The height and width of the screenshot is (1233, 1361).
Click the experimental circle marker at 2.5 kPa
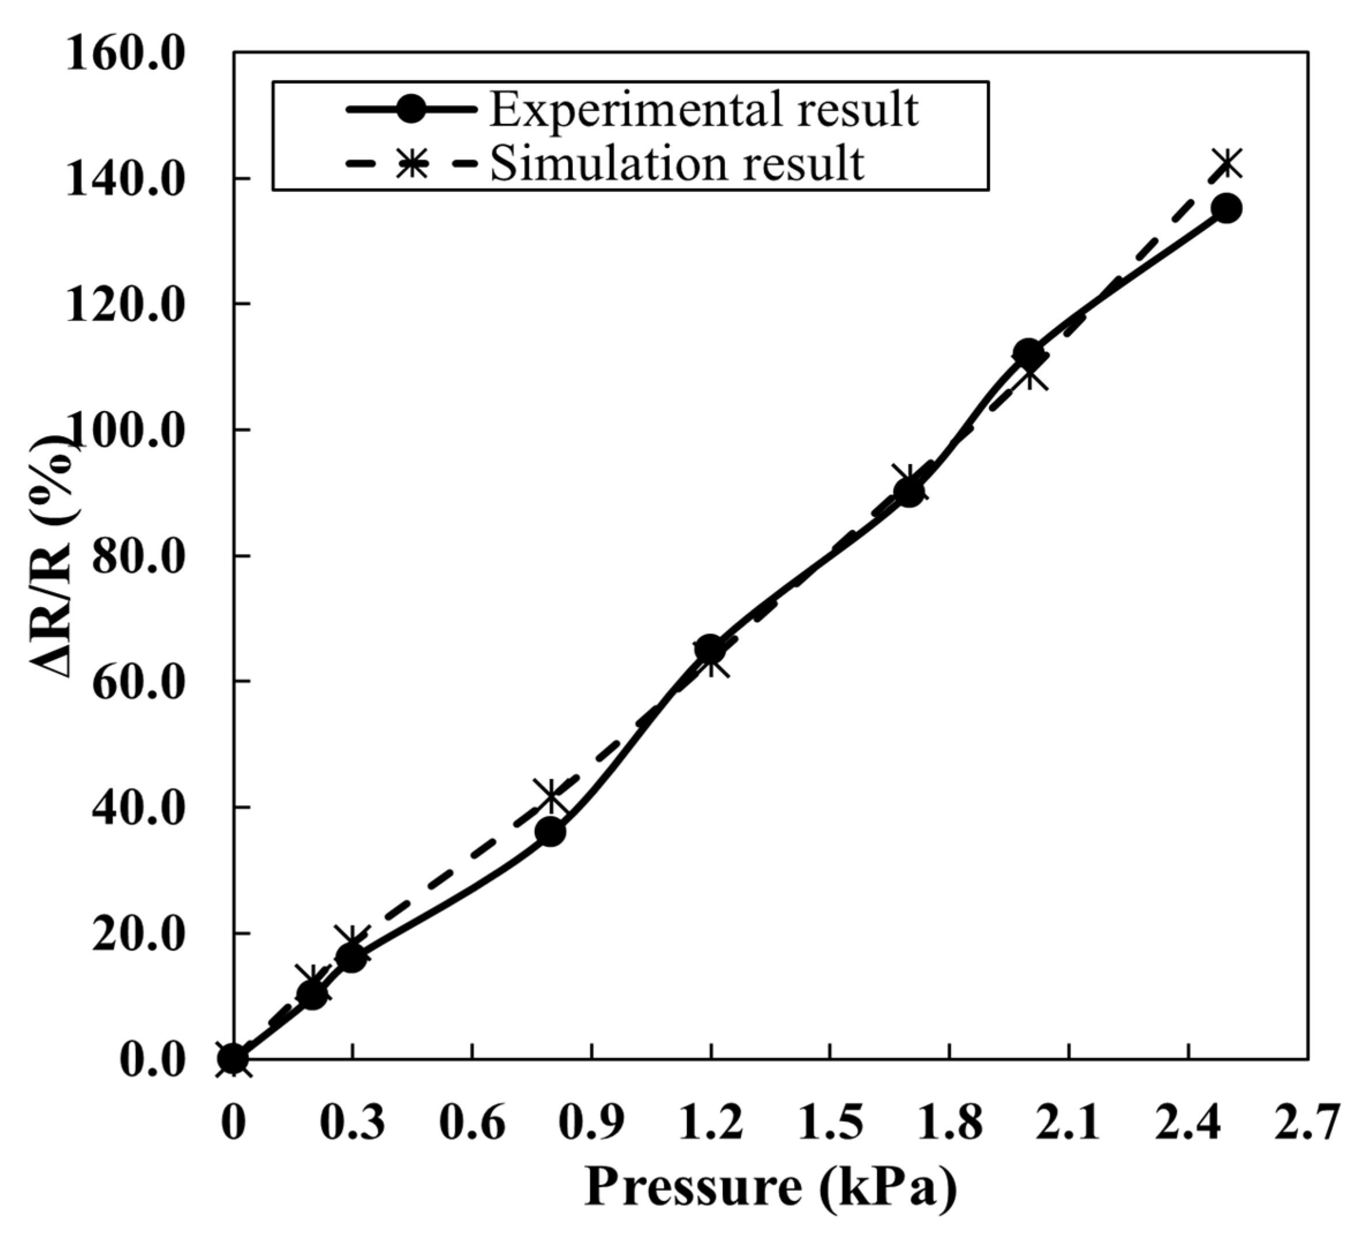coord(1226,209)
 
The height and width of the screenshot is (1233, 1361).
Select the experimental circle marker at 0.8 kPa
coord(551,832)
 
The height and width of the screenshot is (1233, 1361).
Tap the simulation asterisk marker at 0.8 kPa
coord(551,796)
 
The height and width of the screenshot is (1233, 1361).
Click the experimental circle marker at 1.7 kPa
coord(908,492)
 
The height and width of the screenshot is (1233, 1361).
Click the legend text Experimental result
coord(703,110)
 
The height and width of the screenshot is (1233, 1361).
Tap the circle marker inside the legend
coord(411,110)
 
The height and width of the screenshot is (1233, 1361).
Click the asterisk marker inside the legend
coord(411,163)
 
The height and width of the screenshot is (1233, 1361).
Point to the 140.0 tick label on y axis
coord(126,178)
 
